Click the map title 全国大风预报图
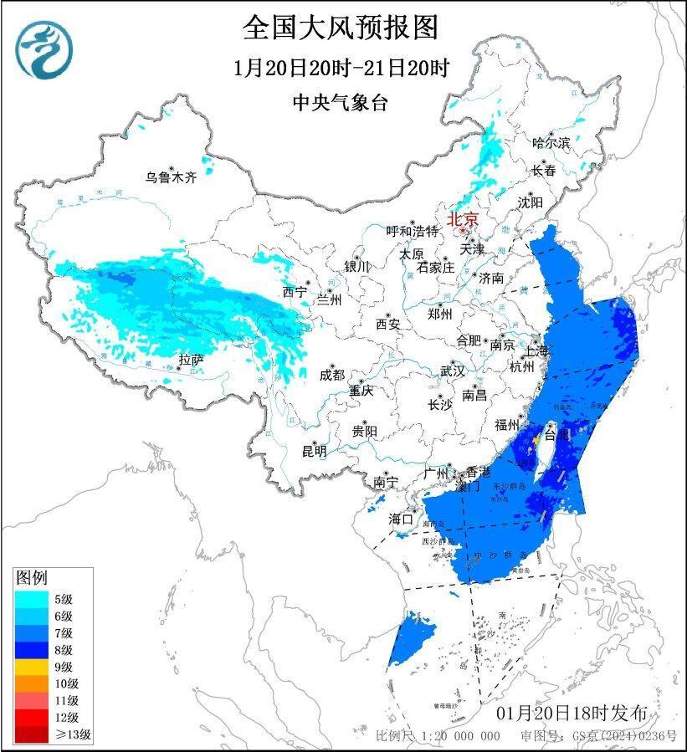(341, 28)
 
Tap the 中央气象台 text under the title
(341, 103)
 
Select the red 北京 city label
(463, 219)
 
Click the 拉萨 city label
(191, 361)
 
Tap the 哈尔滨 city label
(551, 143)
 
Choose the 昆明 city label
(315, 451)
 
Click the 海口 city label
(401, 519)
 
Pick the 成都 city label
(331, 375)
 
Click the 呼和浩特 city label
(412, 231)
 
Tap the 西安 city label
(388, 323)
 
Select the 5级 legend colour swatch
(31, 598)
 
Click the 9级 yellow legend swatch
(31, 667)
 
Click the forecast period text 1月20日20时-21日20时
(341, 68)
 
